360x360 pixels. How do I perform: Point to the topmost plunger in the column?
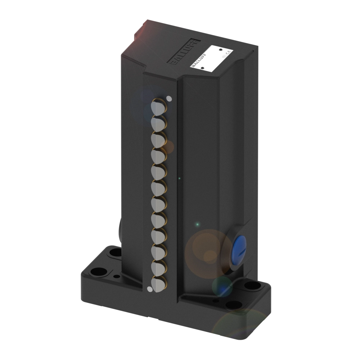point(158,107)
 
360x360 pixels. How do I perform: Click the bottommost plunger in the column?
point(158,284)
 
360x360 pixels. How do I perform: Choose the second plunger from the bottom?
point(158,268)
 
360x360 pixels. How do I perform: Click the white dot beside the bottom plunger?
point(149,288)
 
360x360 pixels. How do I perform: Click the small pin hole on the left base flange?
point(116,276)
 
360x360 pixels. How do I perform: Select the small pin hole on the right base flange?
point(215,301)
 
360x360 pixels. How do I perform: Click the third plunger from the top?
point(158,139)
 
